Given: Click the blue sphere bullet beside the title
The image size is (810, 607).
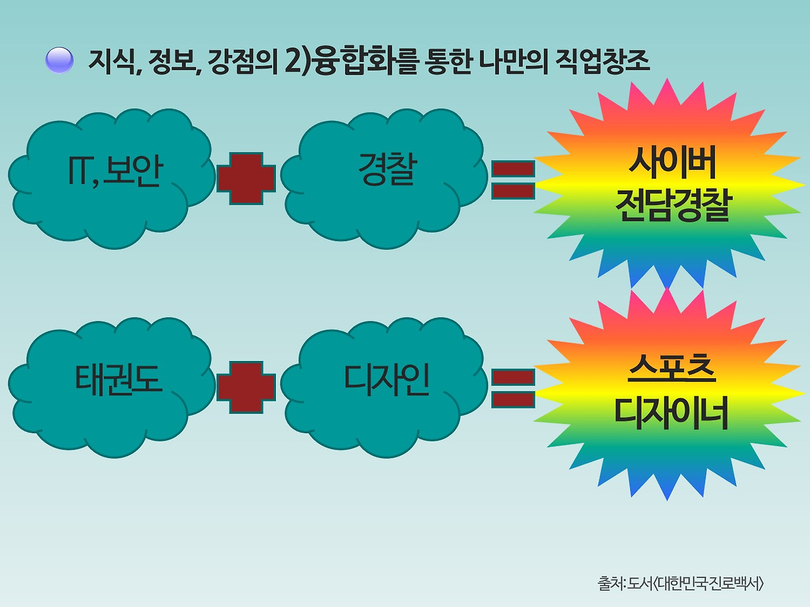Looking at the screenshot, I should tap(59, 60).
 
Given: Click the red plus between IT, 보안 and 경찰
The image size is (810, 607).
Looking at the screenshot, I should tap(246, 178).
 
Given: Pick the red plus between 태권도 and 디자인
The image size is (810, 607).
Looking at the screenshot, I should tap(246, 387).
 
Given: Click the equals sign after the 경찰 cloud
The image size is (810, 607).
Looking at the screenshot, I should tap(513, 179).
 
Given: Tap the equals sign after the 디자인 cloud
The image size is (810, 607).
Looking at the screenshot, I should tap(513, 388).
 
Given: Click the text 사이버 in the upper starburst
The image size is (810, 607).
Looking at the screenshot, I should tap(672, 162).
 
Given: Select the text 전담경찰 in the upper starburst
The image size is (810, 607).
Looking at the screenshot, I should tap(672, 205).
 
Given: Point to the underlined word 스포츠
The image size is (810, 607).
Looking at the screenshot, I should tap(672, 368).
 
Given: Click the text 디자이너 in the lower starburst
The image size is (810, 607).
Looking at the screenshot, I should tap(672, 412).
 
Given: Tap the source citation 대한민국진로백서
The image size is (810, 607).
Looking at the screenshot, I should tap(708, 582).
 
